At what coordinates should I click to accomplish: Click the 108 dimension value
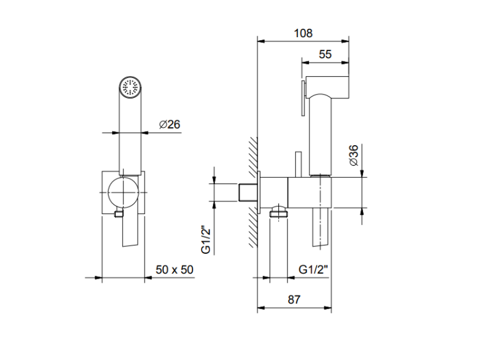(x=303, y=33)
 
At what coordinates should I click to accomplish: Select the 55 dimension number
(x=325, y=54)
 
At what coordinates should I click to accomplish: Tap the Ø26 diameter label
(x=170, y=125)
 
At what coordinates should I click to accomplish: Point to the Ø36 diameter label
(x=353, y=155)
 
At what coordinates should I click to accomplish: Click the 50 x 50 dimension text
(x=175, y=270)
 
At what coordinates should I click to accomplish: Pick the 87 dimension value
(x=294, y=299)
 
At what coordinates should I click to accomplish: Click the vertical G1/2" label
(x=206, y=240)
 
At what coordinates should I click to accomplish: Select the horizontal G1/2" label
(x=313, y=269)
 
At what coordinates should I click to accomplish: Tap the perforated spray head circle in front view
(x=130, y=87)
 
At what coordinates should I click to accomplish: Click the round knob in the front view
(x=123, y=192)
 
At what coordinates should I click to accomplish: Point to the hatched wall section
(x=253, y=192)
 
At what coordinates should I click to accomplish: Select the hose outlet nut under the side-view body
(x=278, y=212)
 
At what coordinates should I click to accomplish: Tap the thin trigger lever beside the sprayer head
(x=303, y=98)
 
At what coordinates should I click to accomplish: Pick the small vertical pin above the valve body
(x=298, y=164)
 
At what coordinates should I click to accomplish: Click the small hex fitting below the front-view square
(x=118, y=214)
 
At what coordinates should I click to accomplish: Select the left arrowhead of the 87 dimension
(x=261, y=308)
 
